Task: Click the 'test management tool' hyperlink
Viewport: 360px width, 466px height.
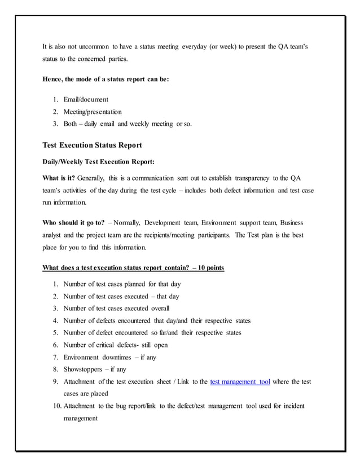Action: [x=239, y=382]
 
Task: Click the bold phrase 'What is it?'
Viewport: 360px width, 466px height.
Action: [x=59, y=178]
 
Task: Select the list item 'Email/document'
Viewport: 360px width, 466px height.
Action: [x=86, y=99]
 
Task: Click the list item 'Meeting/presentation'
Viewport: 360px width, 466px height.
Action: [x=93, y=112]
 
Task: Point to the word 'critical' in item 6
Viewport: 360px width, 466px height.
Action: [x=104, y=345]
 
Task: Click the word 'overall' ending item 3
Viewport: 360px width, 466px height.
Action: [x=160, y=308]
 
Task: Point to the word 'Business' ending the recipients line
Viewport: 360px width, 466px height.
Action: [x=292, y=223]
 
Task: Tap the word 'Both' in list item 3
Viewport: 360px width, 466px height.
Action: [x=72, y=124]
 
